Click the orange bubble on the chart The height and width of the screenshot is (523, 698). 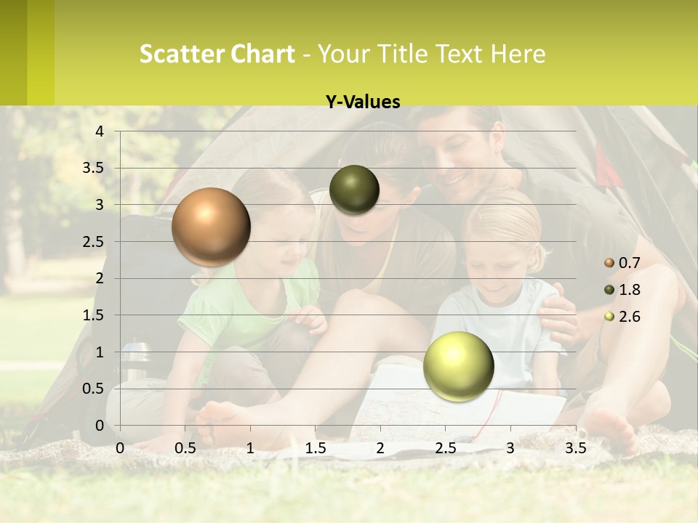coord(211,227)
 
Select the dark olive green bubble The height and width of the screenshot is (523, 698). coord(354,190)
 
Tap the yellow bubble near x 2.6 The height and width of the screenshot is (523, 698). coord(458,366)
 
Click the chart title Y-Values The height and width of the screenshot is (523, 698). coord(362,102)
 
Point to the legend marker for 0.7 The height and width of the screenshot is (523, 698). coord(609,263)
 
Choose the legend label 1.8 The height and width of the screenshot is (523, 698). coord(629,290)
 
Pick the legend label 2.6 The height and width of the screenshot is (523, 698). coord(629,317)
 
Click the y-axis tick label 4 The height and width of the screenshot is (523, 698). coord(100,131)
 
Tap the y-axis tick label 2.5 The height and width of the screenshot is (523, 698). coord(93,242)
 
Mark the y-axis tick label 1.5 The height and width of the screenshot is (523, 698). coord(93,315)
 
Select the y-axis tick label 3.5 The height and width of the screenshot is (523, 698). coord(93,169)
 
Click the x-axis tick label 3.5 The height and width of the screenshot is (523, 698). coord(575,448)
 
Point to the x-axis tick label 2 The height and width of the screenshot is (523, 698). coord(380,448)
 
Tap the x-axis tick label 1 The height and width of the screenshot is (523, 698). coord(250,448)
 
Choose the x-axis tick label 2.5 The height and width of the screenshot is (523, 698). coord(445,448)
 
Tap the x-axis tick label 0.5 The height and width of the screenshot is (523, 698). coord(185,448)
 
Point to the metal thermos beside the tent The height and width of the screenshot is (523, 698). coord(134,360)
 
